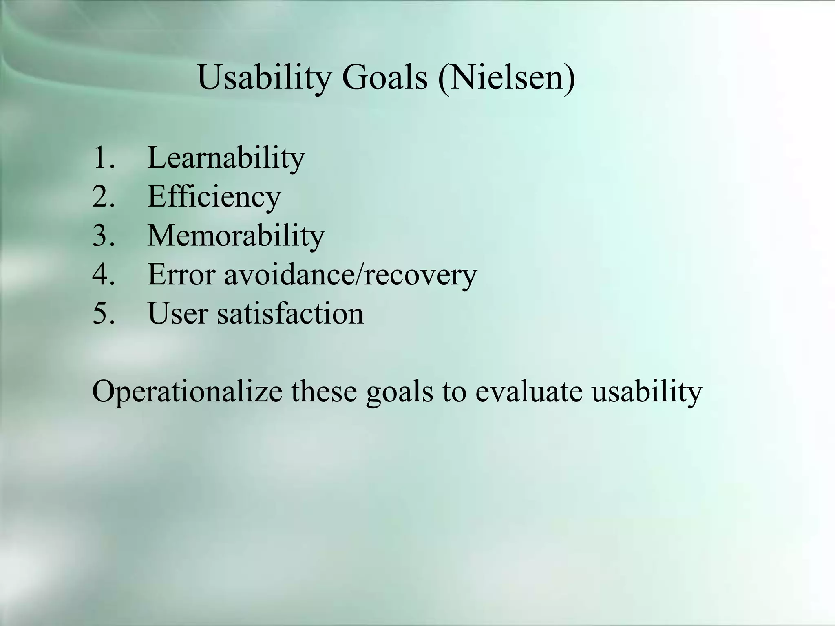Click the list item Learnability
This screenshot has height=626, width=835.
225,158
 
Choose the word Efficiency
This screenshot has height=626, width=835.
214,197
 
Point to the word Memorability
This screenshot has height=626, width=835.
236,236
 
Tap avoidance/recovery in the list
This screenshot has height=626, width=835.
350,275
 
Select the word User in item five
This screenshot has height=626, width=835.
178,313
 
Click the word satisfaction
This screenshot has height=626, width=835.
290,313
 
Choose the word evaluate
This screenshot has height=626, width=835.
529,391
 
